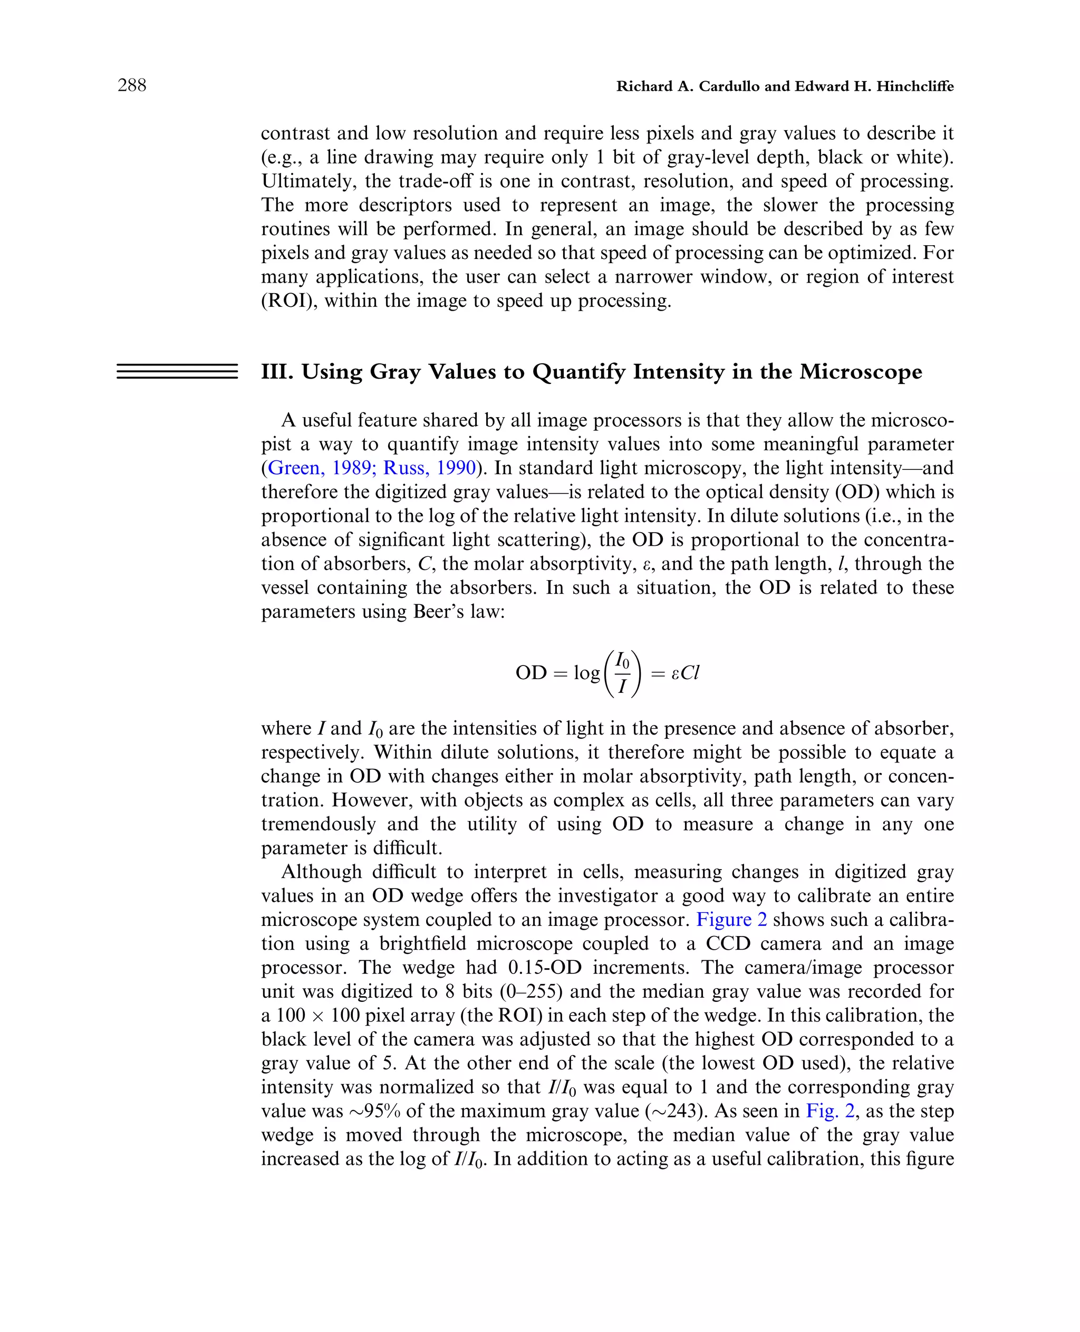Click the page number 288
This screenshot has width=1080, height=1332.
click(x=132, y=85)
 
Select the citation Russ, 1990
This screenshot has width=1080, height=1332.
click(x=429, y=468)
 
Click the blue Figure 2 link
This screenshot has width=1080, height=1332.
click(x=731, y=920)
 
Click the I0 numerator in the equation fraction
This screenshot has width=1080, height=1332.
click(x=622, y=660)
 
